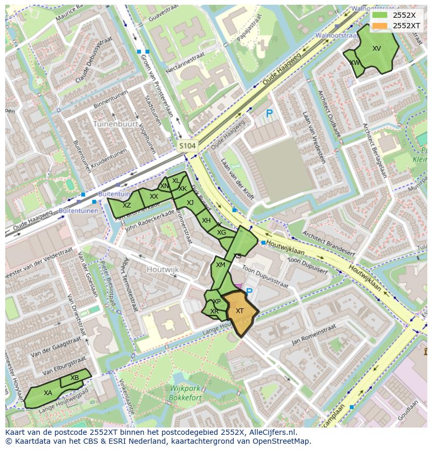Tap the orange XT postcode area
click(x=240, y=312)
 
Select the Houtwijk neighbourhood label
click(x=162, y=269)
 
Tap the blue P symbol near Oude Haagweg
click(x=269, y=113)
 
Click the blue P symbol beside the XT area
click(x=249, y=292)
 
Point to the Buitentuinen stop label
click(x=78, y=211)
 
